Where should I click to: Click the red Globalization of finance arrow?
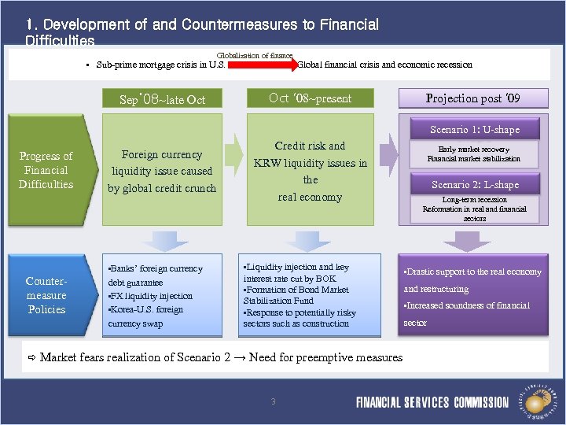262,65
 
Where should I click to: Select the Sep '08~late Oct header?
162,99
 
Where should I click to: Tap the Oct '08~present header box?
310,98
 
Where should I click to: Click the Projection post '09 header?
472,98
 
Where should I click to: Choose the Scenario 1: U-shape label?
474,129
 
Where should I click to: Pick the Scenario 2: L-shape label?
474,185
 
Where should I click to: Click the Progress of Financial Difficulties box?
46,170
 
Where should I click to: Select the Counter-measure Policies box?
46,295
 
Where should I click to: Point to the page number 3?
273,402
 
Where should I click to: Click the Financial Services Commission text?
432,402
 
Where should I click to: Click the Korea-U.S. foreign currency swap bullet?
146,316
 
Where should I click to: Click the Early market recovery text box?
473,153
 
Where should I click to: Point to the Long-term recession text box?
474,209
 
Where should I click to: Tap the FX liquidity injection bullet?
150,296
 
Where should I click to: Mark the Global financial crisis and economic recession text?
385,65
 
